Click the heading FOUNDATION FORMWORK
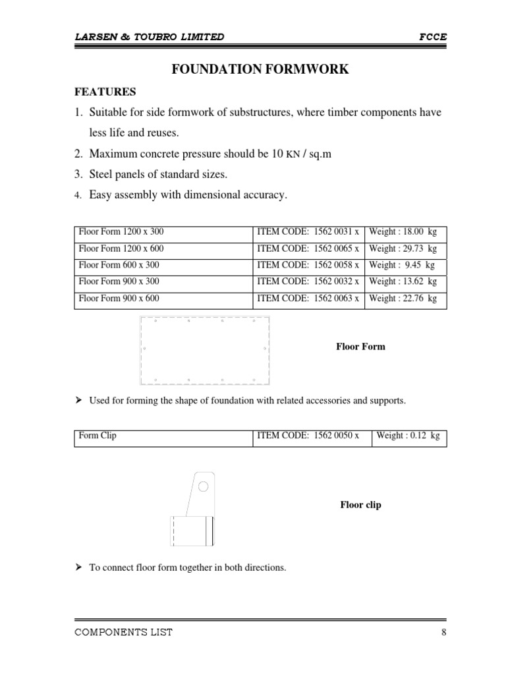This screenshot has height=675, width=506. click(x=260, y=69)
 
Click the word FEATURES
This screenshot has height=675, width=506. click(x=105, y=92)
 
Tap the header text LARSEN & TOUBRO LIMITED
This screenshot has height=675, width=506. click(x=149, y=37)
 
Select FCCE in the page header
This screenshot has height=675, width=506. click(x=433, y=37)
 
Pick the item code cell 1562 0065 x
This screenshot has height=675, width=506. click(x=308, y=249)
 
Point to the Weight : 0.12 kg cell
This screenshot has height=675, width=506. click(x=408, y=436)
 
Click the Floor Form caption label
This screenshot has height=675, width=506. click(x=360, y=347)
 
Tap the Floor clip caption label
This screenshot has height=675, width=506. click(x=360, y=505)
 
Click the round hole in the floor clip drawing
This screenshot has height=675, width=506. click(x=204, y=486)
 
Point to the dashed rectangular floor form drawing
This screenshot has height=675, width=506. click(x=206, y=350)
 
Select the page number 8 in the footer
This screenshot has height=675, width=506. click(x=444, y=632)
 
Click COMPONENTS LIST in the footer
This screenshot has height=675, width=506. click(x=124, y=632)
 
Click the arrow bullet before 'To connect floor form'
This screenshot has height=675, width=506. click(x=79, y=567)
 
